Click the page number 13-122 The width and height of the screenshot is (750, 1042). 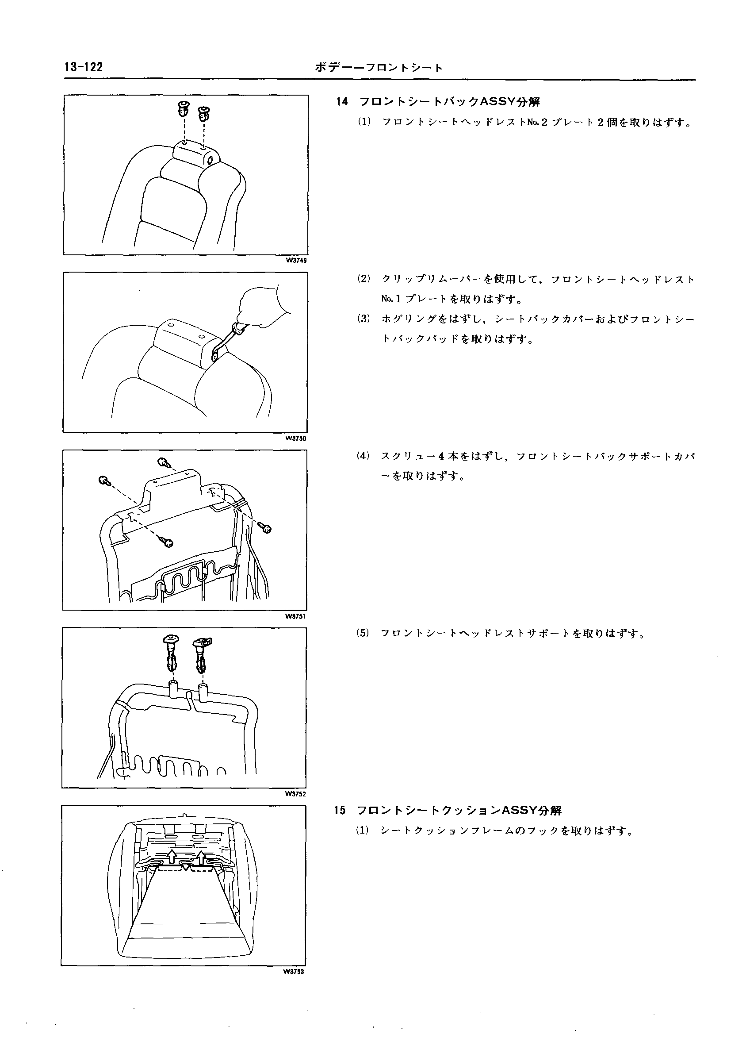[84, 67]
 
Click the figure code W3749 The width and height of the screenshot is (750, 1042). [296, 261]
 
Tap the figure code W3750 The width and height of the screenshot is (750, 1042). [296, 438]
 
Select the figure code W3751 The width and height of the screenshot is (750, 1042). [295, 616]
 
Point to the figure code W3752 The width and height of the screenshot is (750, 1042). [295, 793]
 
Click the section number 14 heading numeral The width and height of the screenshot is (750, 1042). [342, 102]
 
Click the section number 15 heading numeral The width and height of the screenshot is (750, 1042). [340, 811]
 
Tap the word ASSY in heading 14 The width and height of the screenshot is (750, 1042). [498, 101]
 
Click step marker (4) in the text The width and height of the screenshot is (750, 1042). [363, 456]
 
